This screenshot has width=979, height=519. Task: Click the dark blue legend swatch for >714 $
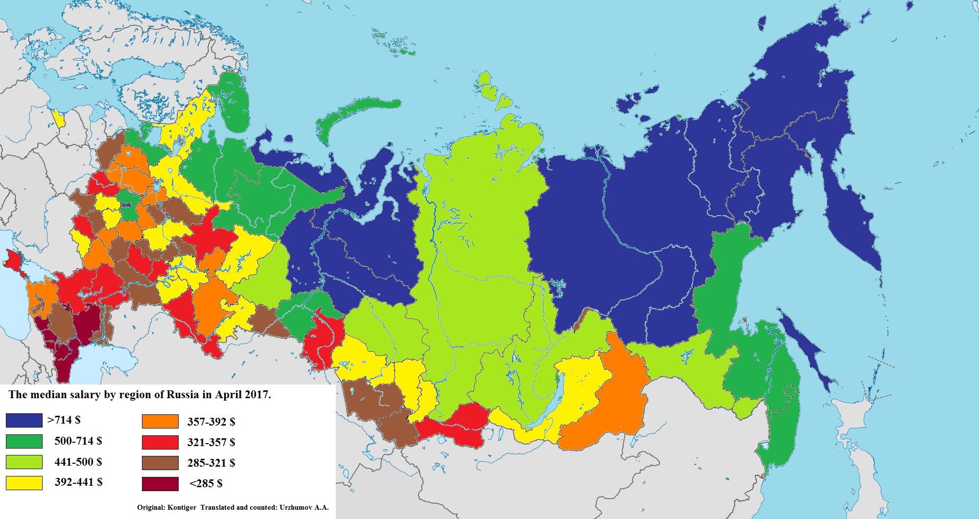coord(24,420)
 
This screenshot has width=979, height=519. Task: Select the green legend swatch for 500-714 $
coord(24,441)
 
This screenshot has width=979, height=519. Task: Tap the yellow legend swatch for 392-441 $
coord(24,483)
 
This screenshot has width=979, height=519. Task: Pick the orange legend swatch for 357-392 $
coord(160,421)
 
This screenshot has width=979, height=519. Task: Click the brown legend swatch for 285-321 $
coord(160,463)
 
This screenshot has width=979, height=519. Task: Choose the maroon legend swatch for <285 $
coord(160,484)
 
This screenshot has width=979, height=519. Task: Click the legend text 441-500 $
coord(78,462)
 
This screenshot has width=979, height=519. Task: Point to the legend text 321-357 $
coord(211,442)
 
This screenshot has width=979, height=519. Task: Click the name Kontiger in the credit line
coord(182,507)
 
